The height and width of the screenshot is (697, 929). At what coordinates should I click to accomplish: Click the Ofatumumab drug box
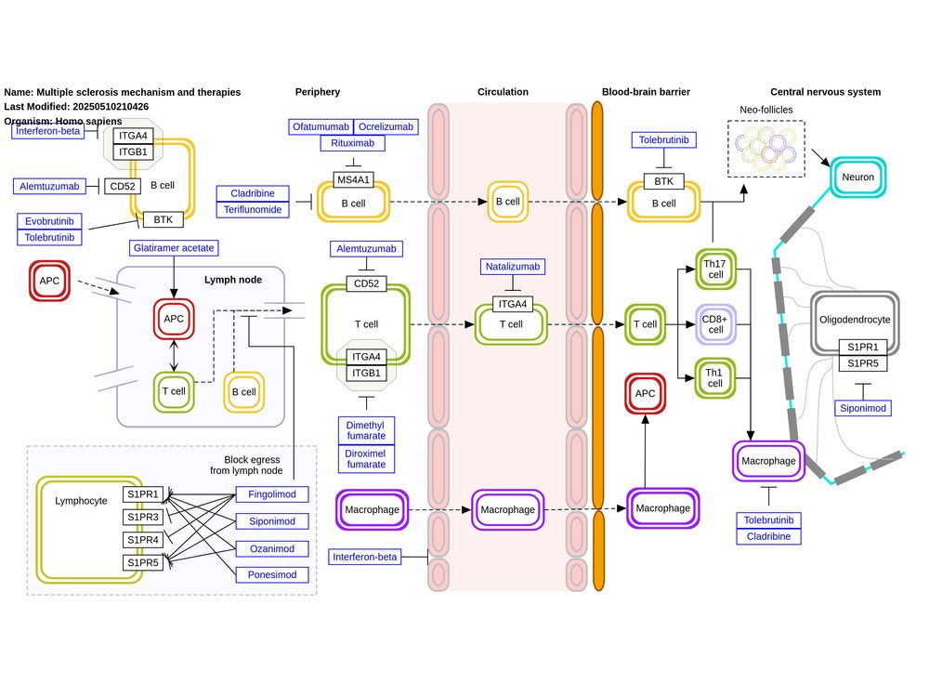321,126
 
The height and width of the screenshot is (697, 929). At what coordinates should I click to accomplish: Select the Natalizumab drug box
514,267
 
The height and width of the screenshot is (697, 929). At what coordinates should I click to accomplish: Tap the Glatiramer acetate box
174,247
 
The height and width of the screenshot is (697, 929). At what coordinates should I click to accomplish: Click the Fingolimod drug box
271,494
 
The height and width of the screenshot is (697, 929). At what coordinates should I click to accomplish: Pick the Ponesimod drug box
271,575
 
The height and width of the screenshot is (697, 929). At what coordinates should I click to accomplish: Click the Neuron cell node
858,177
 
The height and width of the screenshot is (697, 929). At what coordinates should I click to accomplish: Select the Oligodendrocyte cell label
855,319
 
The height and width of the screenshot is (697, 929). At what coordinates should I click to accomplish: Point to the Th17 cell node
716,269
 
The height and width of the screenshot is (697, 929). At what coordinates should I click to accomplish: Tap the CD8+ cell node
716,323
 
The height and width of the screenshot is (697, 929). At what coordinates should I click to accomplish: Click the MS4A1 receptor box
353,179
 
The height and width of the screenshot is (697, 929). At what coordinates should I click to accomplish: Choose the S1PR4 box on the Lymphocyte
143,540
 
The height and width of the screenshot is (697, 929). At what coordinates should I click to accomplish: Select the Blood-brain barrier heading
646,92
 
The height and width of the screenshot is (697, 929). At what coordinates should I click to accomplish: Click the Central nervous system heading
825,92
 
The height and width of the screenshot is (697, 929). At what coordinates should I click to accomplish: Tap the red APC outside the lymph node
48,281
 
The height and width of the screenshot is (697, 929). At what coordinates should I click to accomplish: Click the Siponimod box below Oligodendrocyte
863,408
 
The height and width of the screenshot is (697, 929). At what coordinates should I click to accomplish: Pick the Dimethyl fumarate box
366,429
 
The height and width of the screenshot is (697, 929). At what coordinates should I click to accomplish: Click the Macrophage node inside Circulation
507,509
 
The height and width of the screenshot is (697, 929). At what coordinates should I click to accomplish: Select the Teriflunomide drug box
250,210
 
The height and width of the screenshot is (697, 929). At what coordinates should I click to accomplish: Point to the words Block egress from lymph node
254,465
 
